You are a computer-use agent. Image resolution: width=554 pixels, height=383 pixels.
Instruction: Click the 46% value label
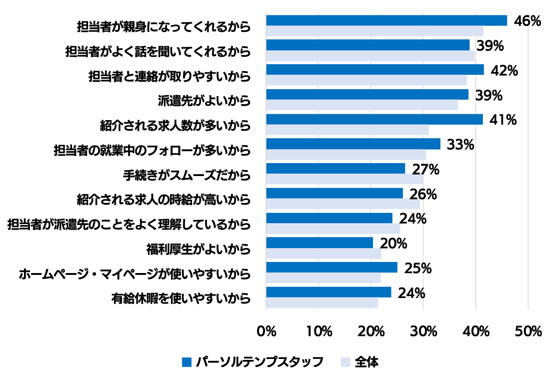(x=527, y=21)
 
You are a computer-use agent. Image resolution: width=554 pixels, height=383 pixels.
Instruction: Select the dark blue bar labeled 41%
(x=374, y=119)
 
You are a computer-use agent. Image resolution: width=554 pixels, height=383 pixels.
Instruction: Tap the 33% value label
(x=461, y=145)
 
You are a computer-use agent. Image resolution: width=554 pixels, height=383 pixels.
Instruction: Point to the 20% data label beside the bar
(x=393, y=243)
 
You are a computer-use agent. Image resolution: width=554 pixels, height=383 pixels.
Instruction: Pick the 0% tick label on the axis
(x=266, y=331)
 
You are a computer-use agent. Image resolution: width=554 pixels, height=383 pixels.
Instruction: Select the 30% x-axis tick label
(x=423, y=331)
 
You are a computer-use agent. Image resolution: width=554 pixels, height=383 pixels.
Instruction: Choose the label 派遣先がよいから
(x=204, y=100)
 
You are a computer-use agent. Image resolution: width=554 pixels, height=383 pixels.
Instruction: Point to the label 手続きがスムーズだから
(x=187, y=175)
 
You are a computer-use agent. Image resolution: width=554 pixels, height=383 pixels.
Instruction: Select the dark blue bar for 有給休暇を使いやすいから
(x=329, y=292)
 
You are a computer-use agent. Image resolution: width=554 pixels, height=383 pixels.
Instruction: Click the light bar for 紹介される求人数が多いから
(x=347, y=130)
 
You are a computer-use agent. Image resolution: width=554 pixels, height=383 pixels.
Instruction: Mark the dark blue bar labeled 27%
(x=336, y=168)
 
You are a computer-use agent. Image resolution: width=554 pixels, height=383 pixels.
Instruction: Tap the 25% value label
(x=418, y=268)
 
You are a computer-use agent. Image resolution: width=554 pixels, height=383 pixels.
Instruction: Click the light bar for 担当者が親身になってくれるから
(x=374, y=31)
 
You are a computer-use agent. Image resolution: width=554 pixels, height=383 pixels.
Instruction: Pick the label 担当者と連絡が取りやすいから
(x=170, y=76)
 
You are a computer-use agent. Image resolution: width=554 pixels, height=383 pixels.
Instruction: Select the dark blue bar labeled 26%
(x=334, y=193)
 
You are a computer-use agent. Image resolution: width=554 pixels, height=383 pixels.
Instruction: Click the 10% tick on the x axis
(x=319, y=331)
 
